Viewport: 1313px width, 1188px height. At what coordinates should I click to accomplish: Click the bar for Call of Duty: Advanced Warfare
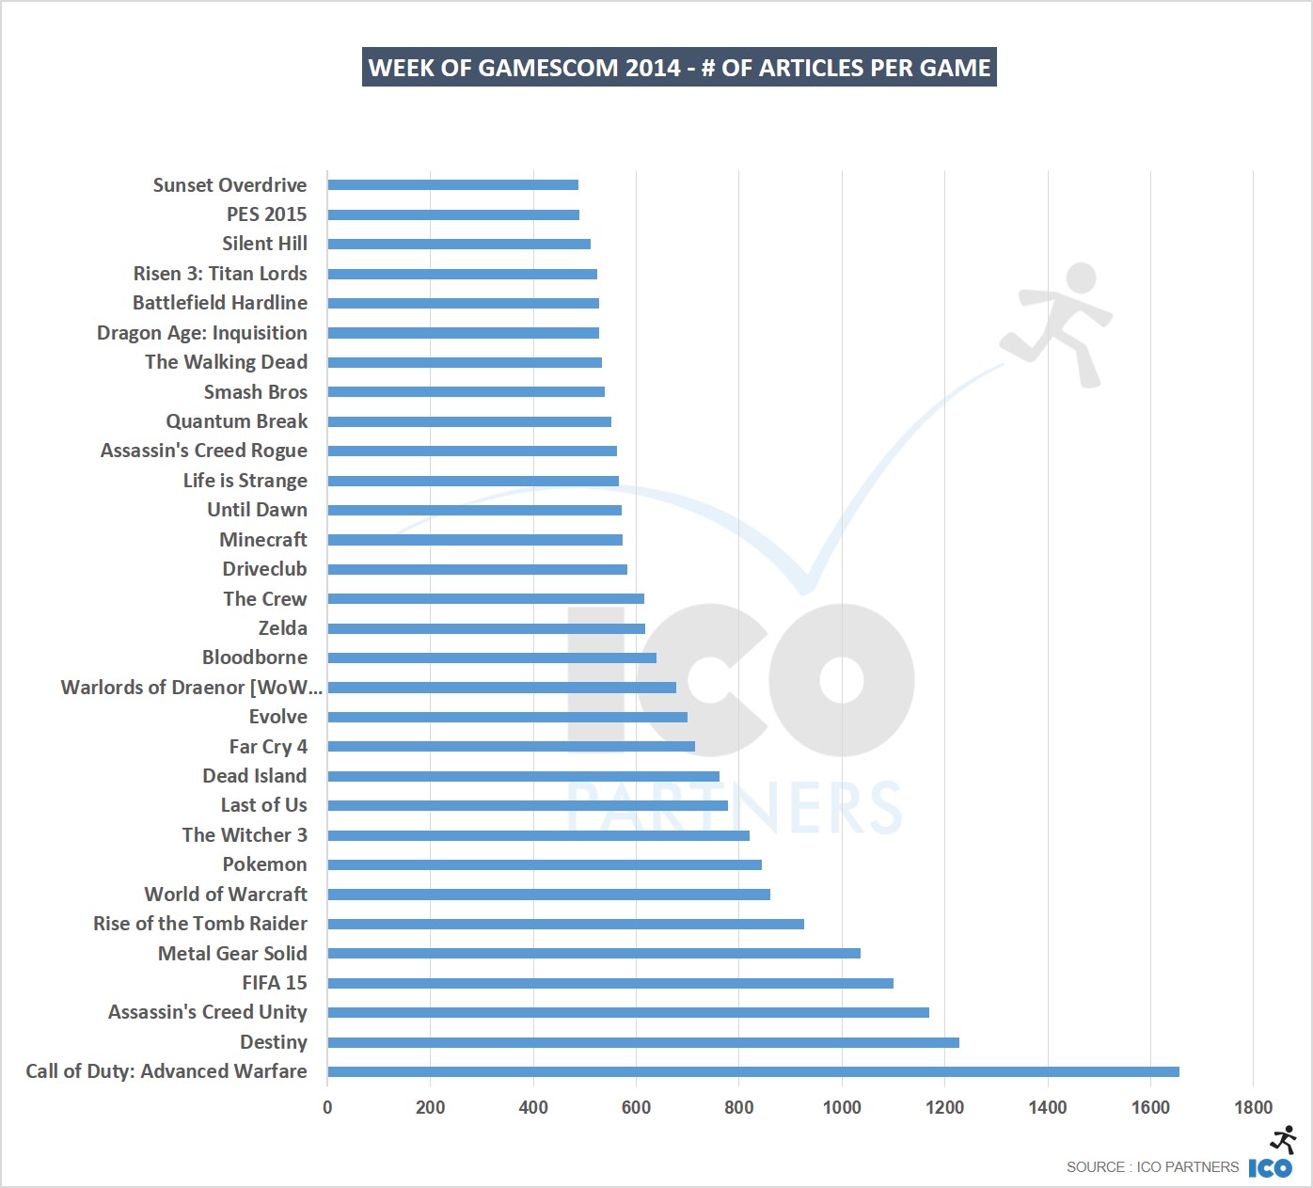pyautogui.click(x=752, y=1071)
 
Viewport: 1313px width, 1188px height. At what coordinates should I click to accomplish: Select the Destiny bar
pyautogui.click(x=643, y=1042)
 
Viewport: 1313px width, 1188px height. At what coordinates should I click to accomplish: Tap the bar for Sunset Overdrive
pyautogui.click(x=452, y=185)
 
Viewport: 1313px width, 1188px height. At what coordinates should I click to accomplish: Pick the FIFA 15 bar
pyautogui.click(x=610, y=983)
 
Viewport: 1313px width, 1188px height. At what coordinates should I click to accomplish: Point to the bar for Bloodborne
pyautogui.click(x=492, y=657)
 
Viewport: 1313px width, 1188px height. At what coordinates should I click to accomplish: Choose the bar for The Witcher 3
pyautogui.click(x=538, y=835)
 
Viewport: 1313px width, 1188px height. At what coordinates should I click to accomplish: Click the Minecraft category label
pyautogui.click(x=263, y=540)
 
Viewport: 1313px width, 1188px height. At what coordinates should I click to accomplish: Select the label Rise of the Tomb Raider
pyautogui.click(x=200, y=924)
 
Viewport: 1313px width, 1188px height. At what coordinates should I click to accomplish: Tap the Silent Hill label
pyautogui.click(x=264, y=244)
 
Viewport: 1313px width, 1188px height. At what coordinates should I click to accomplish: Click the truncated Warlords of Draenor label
pyautogui.click(x=191, y=688)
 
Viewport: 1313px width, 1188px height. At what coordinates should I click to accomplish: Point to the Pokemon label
pyautogui.click(x=264, y=864)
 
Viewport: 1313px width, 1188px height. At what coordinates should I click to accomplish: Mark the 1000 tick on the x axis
pyautogui.click(x=841, y=1107)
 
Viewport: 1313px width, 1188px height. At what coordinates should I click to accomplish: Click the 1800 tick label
pyautogui.click(x=1253, y=1107)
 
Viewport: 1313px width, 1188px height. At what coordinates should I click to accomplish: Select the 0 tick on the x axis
pyautogui.click(x=327, y=1107)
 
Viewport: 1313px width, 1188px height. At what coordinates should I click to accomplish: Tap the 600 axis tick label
pyautogui.click(x=636, y=1107)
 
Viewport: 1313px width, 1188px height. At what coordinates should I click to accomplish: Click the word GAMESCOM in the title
pyautogui.click(x=548, y=68)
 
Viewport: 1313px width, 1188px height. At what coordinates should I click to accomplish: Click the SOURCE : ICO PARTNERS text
pyautogui.click(x=1152, y=1167)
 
